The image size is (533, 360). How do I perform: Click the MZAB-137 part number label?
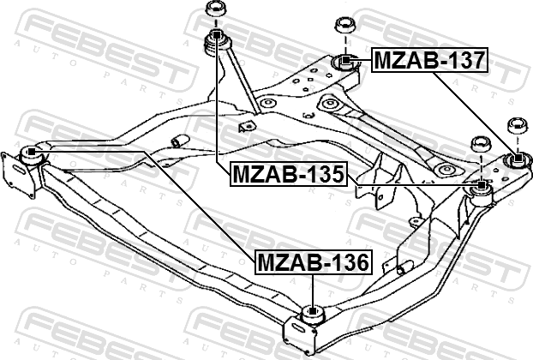(429, 61)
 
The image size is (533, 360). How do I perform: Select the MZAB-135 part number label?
(288, 176)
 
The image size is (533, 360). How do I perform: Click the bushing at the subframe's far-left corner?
(32, 154)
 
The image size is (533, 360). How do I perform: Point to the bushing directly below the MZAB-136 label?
(312, 314)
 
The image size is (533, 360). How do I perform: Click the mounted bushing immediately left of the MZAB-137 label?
(344, 62)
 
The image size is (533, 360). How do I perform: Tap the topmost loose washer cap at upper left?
(215, 11)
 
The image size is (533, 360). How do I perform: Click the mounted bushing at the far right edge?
(517, 159)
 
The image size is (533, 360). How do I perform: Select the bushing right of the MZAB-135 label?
(482, 185)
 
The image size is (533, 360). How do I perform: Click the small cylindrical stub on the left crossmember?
(179, 140)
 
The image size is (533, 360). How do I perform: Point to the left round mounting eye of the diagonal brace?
(267, 104)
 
